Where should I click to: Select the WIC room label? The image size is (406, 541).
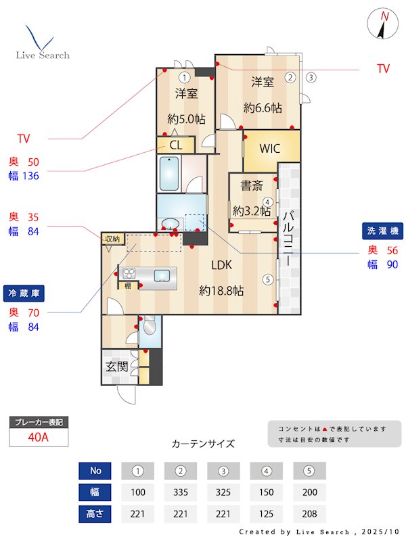click(270, 149)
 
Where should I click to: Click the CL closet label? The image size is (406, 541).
click(176, 145)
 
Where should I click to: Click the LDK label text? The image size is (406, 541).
click(221, 265)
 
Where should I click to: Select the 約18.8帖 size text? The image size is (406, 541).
click(221, 291)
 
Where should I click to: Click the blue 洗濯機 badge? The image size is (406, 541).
click(382, 230)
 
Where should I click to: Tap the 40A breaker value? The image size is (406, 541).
click(39, 437)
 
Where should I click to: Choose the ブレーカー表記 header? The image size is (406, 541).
click(39, 423)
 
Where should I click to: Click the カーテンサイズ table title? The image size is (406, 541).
click(203, 444)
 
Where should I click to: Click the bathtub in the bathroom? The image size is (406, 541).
click(168, 174)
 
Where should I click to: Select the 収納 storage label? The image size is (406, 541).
click(112, 239)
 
